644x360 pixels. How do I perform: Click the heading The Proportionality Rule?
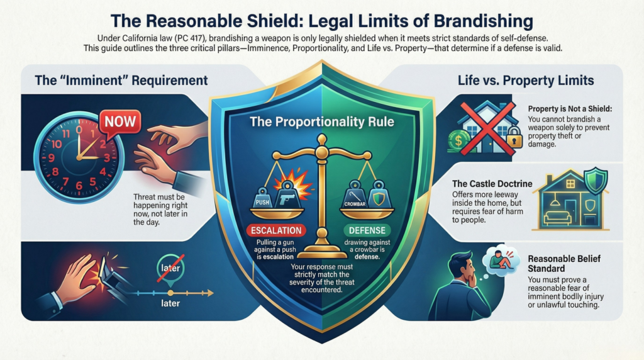(321, 121)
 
